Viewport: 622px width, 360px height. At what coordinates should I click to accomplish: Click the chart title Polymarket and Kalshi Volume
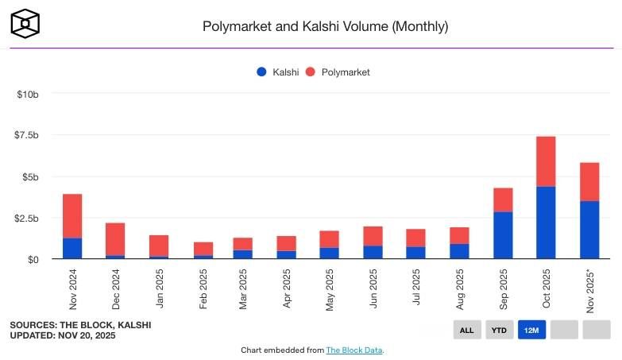coord(326,26)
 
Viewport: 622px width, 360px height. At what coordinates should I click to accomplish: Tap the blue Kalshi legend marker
coord(261,72)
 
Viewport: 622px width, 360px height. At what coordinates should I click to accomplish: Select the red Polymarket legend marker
coord(311,72)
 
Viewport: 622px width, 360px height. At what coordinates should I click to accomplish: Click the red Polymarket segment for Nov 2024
coord(72,216)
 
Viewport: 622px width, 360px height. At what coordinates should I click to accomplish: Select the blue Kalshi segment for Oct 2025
coord(546,223)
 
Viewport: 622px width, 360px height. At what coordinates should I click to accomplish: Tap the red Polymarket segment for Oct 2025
coord(546,161)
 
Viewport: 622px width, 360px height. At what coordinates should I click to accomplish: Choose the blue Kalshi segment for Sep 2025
coord(503,235)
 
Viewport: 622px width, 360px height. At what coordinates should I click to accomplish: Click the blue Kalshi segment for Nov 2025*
coord(589,230)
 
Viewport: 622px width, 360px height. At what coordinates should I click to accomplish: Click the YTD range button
coord(500,330)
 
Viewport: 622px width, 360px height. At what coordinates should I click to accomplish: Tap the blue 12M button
coord(531,330)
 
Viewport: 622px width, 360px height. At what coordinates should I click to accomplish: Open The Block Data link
coord(354,350)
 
